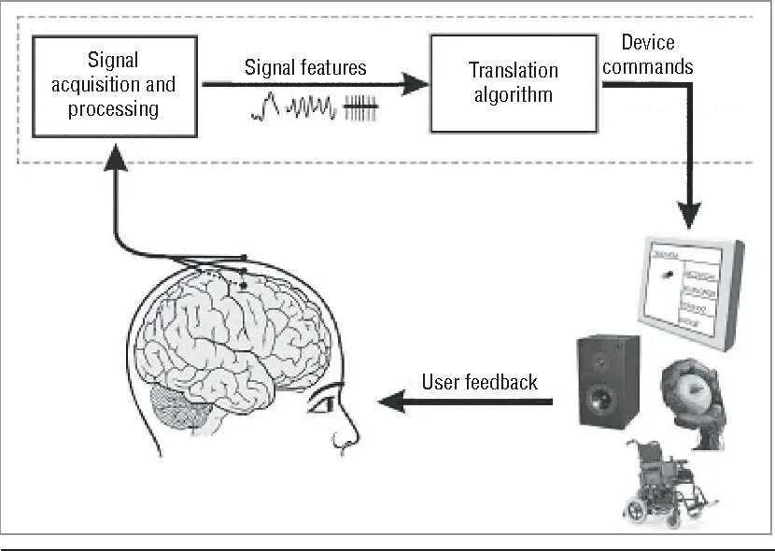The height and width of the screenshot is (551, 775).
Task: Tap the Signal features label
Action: (305, 67)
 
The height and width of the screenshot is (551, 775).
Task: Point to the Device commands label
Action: (657, 54)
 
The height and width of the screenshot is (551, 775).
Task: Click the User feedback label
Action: (480, 381)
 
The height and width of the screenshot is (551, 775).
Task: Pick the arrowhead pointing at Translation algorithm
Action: (417, 84)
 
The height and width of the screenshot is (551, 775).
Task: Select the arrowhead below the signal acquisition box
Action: (116, 158)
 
